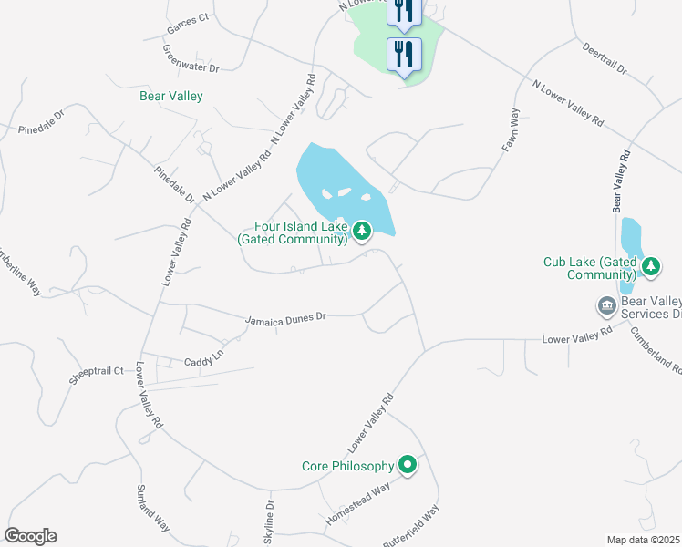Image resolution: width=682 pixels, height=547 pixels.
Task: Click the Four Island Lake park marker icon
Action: click(x=363, y=232)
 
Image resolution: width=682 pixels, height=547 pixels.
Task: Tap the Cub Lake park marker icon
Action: click(x=650, y=267)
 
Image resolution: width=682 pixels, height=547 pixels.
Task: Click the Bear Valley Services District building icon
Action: click(x=606, y=305)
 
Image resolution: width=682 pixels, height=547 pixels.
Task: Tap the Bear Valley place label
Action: click(x=171, y=96)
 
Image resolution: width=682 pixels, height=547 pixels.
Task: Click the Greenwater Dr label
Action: click(x=191, y=58)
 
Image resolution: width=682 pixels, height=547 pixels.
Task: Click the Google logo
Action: click(x=30, y=536)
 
